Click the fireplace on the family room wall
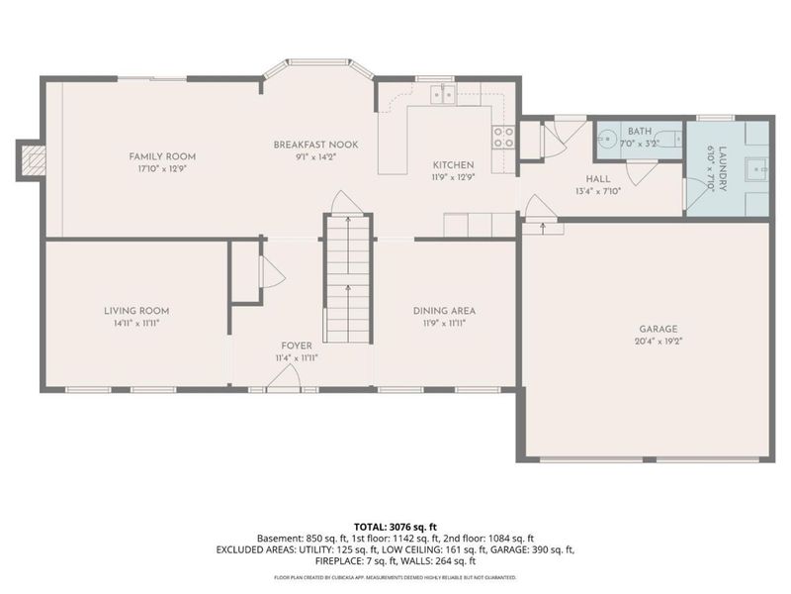point(32,159)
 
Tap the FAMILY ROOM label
point(162,156)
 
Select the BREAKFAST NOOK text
point(315,145)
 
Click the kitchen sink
point(441,94)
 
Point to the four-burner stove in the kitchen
point(503,136)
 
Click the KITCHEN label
point(454,164)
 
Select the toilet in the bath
point(670,140)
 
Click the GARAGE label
point(658,329)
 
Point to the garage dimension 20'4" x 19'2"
point(658,342)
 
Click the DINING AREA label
point(444,311)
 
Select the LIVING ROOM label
point(137,311)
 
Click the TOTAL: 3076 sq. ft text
point(395,526)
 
